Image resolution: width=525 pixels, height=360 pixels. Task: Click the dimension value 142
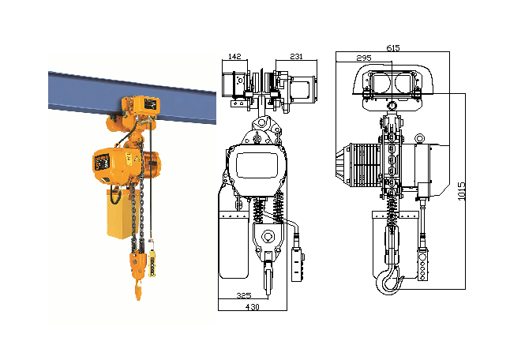click(234, 56)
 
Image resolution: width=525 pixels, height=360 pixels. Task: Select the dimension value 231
click(296, 56)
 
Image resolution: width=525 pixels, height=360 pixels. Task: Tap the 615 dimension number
click(393, 48)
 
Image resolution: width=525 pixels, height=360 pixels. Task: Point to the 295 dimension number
click(364, 58)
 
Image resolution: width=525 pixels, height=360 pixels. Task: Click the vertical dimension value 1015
click(462, 191)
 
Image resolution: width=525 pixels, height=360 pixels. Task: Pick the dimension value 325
click(244, 295)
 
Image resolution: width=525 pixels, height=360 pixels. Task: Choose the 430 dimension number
click(252, 306)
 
